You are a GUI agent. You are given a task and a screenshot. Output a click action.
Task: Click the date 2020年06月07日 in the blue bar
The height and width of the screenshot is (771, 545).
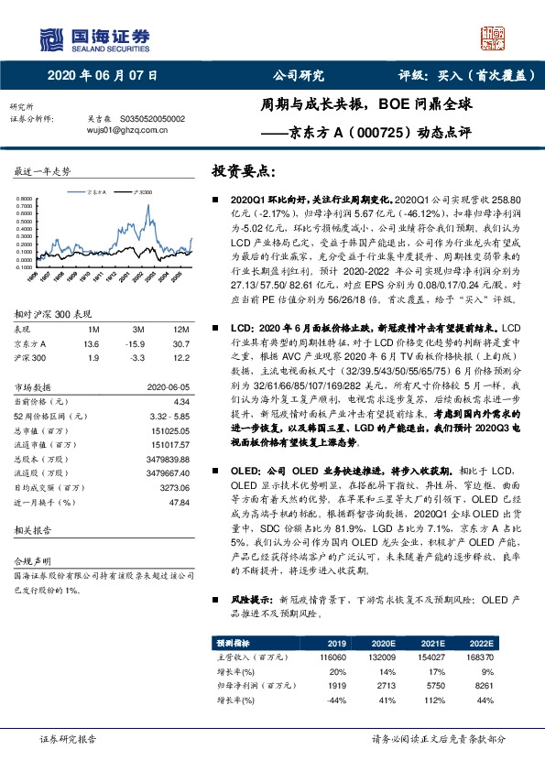tap(103, 76)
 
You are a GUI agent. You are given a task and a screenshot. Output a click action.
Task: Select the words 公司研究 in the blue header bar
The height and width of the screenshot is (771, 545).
tap(299, 76)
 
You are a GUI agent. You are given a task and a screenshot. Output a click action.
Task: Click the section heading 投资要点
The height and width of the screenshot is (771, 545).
tap(242, 171)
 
